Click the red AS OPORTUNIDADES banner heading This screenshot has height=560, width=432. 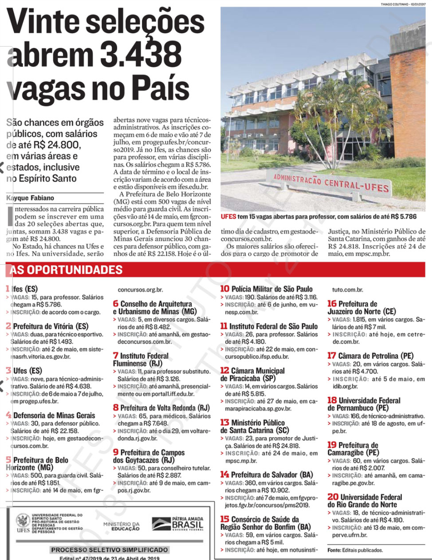click(66, 270)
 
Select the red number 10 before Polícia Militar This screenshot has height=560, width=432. click(224, 289)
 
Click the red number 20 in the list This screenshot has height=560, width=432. click(333, 497)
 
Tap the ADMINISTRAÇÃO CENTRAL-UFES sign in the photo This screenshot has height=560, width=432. click(330, 182)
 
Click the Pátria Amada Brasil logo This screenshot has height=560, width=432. click(177, 523)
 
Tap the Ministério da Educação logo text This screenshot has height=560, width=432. click(122, 526)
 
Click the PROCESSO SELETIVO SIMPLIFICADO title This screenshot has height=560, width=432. click(109, 550)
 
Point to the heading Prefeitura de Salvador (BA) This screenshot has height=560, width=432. click(271, 474)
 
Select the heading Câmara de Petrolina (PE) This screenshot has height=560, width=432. click(375, 356)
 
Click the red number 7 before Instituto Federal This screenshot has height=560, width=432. click(116, 356)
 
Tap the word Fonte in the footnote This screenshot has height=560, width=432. click(334, 550)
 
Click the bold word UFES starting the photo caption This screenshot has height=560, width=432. click(228, 217)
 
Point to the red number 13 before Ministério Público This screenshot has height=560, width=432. click(224, 423)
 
